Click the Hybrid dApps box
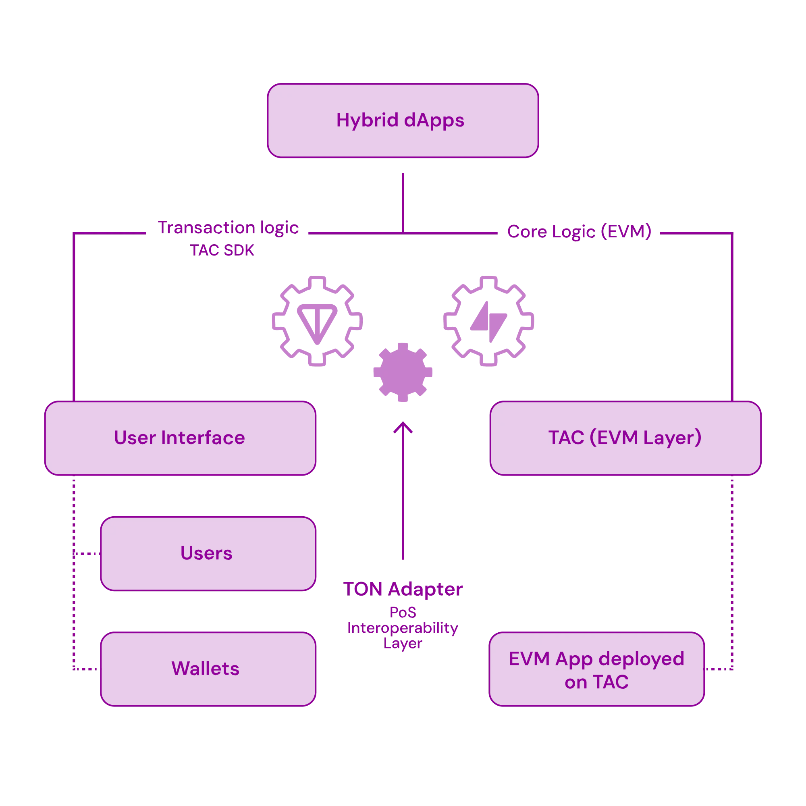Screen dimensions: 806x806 coord(403,120)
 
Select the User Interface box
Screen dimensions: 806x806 coord(180,438)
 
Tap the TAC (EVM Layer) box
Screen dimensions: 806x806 coord(625,438)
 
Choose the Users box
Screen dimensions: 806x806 coord(208,554)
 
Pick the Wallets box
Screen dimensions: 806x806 coord(208,669)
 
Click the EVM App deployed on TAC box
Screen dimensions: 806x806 coord(596,669)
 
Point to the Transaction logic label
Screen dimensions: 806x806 coord(228,228)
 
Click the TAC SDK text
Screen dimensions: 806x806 coord(222,250)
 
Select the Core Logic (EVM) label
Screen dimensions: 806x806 coord(579,232)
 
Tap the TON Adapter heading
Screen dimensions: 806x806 coord(403,589)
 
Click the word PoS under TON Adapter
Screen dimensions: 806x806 coord(403,613)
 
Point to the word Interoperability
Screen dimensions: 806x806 coord(403,628)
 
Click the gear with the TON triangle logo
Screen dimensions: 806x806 coord(317,321)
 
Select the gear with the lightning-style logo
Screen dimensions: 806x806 coord(488,321)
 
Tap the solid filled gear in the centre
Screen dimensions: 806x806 coord(403,372)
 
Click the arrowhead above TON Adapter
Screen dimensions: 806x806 coord(403,427)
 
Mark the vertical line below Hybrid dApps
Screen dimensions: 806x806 coord(403,203)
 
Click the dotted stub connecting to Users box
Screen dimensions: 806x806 coord(87,554)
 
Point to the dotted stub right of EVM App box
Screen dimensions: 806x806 coord(719,669)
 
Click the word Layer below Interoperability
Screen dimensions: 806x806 coord(403,644)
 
